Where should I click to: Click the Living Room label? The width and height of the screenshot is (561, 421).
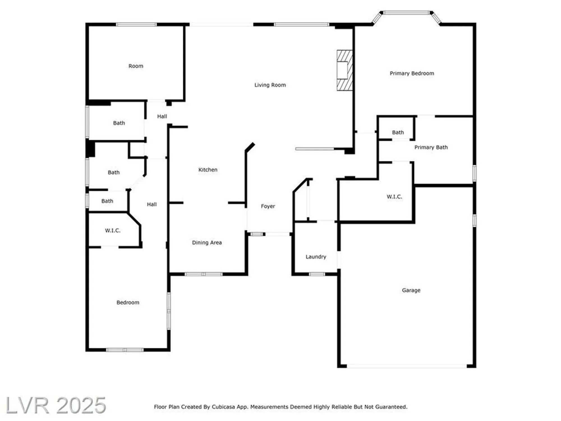[x=270, y=85]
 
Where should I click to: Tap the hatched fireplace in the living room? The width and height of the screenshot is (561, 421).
[x=344, y=70]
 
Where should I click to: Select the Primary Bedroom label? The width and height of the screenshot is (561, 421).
[x=411, y=73]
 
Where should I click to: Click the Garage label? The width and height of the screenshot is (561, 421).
[x=411, y=290]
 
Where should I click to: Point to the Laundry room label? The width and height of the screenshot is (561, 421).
[x=316, y=257]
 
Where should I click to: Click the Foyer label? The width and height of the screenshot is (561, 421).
[x=268, y=206]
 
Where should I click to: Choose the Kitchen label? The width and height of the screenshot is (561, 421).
[x=208, y=170]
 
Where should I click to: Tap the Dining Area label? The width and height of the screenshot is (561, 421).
[x=207, y=242]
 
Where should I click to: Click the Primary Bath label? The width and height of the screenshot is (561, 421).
[x=431, y=147]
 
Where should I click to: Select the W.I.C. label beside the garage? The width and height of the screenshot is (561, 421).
[x=394, y=197]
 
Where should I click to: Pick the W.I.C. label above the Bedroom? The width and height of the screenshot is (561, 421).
[x=112, y=230]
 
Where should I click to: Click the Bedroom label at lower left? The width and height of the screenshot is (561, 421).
[x=128, y=302]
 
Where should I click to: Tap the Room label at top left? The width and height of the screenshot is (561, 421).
[x=136, y=66]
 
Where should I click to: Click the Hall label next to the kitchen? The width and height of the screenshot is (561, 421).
[x=152, y=204]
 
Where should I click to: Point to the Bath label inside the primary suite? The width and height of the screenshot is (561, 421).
[x=398, y=132]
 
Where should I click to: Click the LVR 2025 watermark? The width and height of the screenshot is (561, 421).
[x=56, y=405]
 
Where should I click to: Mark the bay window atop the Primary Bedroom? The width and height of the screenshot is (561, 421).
[x=406, y=13]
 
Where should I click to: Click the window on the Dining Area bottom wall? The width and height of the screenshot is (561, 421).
[x=204, y=274]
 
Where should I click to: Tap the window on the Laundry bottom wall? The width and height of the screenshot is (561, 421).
[x=317, y=274]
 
